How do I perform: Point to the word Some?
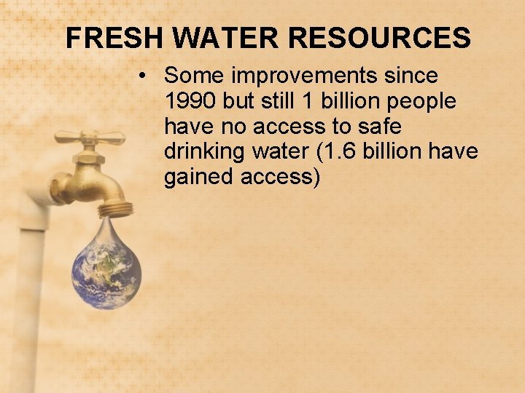tap(191, 76)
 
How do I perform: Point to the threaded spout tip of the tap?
tap(117, 209)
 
